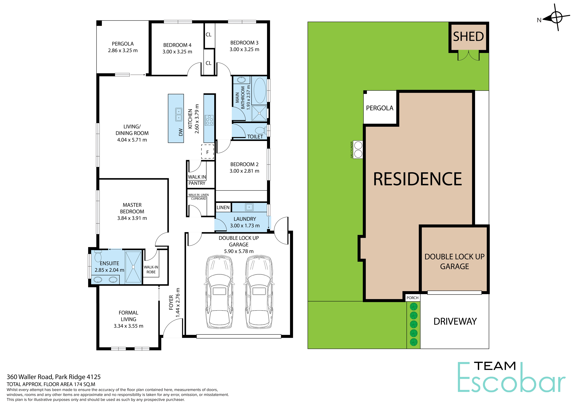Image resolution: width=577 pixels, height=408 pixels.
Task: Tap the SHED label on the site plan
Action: coord(468,37)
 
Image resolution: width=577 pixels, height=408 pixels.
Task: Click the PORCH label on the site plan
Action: coord(412,298)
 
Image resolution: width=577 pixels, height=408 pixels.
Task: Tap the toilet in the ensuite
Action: coord(98,256)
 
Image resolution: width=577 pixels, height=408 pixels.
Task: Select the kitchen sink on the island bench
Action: coord(179,114)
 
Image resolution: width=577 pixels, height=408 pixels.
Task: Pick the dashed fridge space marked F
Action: coord(208,152)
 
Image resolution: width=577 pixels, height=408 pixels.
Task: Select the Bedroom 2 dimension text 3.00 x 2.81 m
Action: coord(244,171)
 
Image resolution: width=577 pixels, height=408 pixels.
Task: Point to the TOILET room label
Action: coord(255,136)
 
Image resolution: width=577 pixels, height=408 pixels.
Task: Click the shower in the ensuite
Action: coord(133,267)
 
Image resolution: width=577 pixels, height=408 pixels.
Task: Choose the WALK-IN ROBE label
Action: coord(151,269)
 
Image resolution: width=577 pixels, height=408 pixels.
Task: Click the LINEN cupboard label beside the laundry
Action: coord(223,207)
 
